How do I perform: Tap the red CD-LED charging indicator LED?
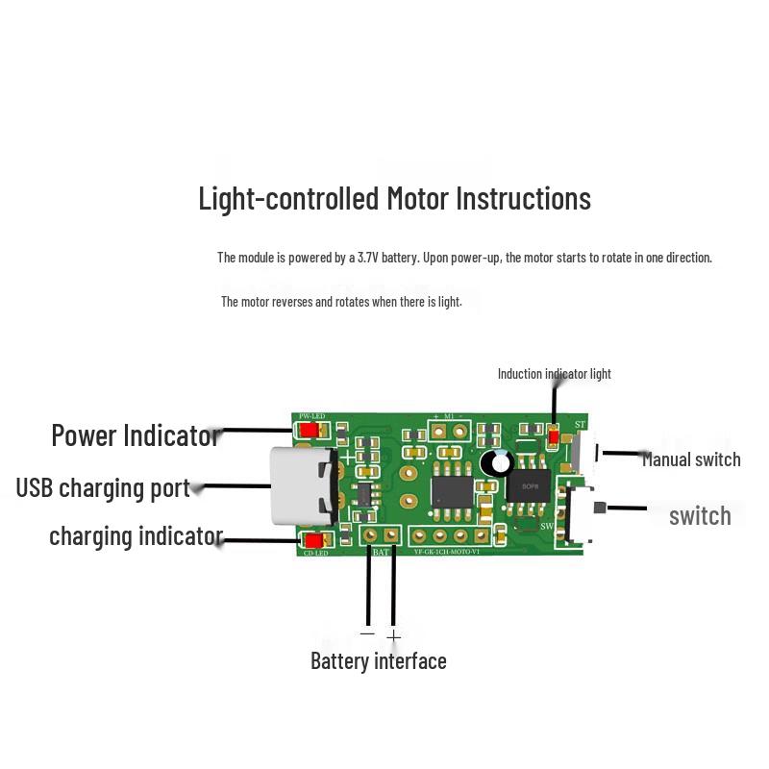[x=312, y=540]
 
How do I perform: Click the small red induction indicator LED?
[x=553, y=437]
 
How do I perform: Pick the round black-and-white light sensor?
[x=498, y=462]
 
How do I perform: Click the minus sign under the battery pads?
[x=367, y=633]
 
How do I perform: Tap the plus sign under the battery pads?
[x=393, y=636]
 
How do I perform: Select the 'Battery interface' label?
[x=378, y=661]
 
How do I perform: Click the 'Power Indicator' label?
[x=135, y=435]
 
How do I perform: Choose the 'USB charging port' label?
[x=103, y=487]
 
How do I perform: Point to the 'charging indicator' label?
[x=136, y=536]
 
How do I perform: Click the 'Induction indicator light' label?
[x=554, y=374]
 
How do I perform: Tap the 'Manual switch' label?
[x=691, y=459]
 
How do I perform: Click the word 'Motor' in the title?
[x=418, y=199]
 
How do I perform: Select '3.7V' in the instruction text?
[x=369, y=258]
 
